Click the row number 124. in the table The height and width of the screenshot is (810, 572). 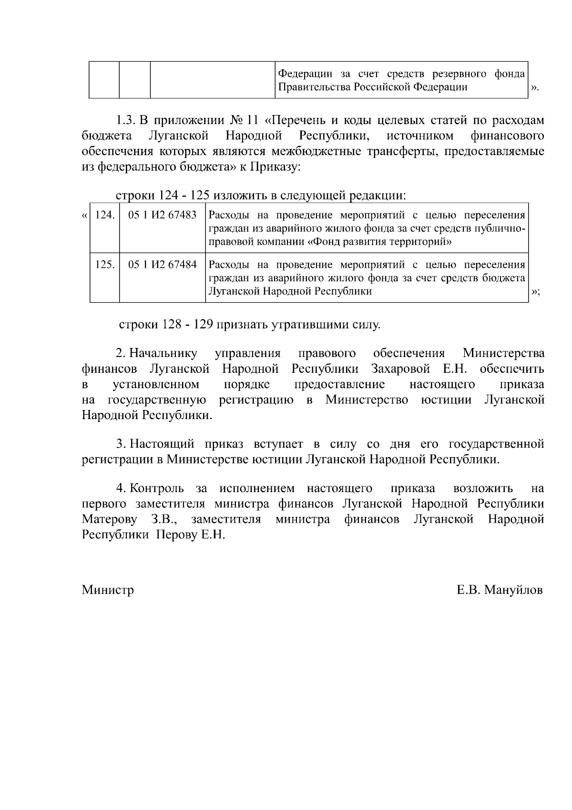tap(105, 215)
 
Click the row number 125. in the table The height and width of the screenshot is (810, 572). tap(105, 264)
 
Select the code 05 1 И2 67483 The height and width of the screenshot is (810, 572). tap(163, 215)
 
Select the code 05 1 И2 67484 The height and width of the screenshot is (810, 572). tap(163, 264)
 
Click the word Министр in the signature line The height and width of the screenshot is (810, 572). tap(108, 590)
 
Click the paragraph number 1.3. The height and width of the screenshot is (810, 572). tap(127, 121)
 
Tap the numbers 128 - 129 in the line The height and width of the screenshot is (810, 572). tap(187, 325)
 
